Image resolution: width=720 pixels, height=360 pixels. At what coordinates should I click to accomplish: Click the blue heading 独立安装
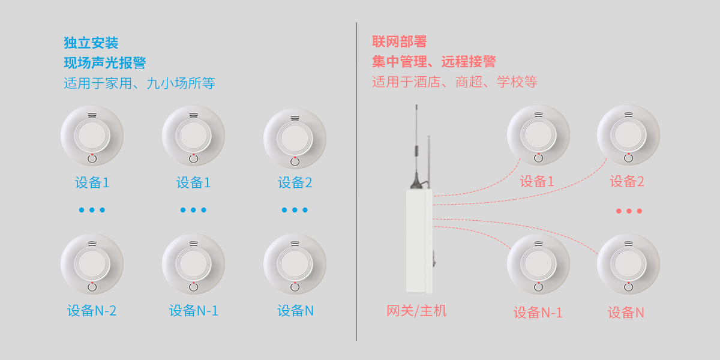pyautogui.click(x=91, y=43)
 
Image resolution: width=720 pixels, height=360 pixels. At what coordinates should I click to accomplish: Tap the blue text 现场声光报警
pyautogui.click(x=105, y=63)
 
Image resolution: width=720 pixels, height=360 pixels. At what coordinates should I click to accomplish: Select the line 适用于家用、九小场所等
pyautogui.click(x=139, y=83)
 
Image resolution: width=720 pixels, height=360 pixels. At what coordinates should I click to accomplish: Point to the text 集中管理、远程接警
pyautogui.click(x=434, y=62)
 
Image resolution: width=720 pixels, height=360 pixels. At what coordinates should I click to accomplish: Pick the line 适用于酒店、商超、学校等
pyautogui.click(x=454, y=82)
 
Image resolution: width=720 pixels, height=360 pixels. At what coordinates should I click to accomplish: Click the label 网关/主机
pyautogui.click(x=416, y=311)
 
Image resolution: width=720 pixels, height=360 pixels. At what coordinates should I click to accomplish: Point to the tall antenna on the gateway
pyautogui.click(x=416, y=144)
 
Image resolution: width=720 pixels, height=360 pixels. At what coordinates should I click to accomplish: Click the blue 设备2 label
pyautogui.click(x=295, y=183)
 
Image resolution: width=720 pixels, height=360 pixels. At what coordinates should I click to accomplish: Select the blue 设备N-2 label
pyautogui.click(x=92, y=311)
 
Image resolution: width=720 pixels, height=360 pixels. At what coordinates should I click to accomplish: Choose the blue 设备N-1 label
pyautogui.click(x=193, y=311)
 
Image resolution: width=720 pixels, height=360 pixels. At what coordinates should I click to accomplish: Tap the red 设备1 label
pyautogui.click(x=537, y=182)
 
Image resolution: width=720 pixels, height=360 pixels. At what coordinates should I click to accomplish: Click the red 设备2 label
pyautogui.click(x=627, y=182)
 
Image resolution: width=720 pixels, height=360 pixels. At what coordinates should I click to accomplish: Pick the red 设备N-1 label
pyautogui.click(x=538, y=313)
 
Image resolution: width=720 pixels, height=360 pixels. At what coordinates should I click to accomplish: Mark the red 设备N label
pyautogui.click(x=626, y=313)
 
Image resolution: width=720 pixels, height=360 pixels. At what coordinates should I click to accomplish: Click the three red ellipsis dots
pyautogui.click(x=628, y=211)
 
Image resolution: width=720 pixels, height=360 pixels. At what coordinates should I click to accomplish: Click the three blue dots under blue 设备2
pyautogui.click(x=295, y=210)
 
